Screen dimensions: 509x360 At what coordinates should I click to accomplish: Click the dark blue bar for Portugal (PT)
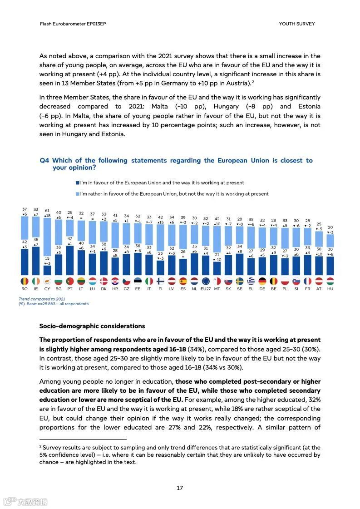(70, 260)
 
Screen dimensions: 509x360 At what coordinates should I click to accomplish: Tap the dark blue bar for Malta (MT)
(217, 268)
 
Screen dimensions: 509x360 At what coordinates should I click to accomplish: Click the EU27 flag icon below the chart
(206, 281)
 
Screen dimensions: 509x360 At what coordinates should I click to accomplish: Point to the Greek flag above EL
(251, 281)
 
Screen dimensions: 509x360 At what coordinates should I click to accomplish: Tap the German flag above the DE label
(262, 281)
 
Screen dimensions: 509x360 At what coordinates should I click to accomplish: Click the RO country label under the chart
(25, 289)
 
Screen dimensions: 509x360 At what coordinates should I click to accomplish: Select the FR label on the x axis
(308, 289)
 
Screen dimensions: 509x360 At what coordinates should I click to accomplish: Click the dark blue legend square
(78, 183)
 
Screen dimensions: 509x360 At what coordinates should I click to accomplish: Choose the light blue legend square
(78, 194)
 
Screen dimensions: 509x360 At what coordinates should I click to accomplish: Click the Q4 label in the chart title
(44, 161)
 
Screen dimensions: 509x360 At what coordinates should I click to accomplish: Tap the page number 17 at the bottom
(180, 488)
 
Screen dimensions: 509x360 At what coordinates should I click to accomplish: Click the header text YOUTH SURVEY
(296, 24)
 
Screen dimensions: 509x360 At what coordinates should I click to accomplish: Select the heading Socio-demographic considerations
(92, 326)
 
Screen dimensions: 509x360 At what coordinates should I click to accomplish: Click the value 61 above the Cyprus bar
(47, 211)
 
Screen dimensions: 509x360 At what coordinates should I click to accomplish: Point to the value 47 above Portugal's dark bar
(70, 238)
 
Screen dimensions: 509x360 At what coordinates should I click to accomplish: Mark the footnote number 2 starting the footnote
(40, 447)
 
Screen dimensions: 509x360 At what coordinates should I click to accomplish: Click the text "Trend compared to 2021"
(42, 299)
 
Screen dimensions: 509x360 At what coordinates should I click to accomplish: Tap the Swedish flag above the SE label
(240, 281)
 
